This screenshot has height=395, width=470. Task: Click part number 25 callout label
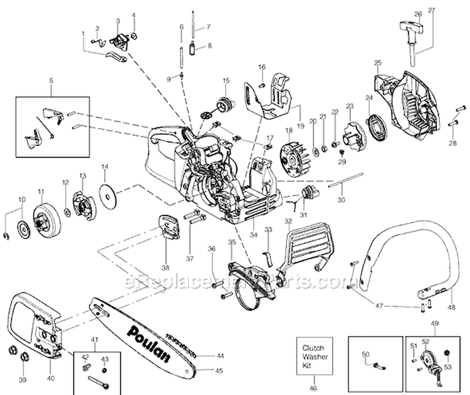pyautogui.click(x=377, y=62)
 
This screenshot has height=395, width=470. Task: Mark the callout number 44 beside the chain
pyautogui.click(x=219, y=356)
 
